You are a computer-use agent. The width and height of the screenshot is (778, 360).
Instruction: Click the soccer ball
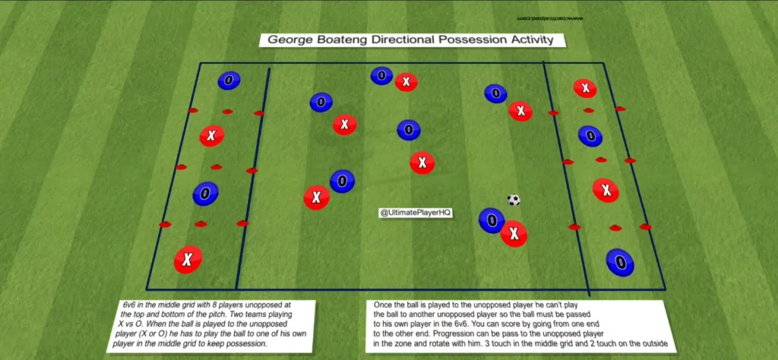(x=514, y=200)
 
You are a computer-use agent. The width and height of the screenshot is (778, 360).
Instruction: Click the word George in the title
(x=284, y=39)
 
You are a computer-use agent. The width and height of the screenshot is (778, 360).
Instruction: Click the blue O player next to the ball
(x=492, y=220)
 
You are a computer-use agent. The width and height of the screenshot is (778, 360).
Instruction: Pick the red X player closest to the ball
(x=514, y=233)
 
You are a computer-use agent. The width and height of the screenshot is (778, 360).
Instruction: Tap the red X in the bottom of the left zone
(x=187, y=260)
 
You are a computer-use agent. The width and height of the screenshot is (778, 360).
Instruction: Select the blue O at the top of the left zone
(x=228, y=81)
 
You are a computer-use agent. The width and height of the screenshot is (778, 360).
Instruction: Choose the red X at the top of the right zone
(x=584, y=88)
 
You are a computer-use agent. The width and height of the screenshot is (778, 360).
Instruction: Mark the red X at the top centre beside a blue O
(x=406, y=81)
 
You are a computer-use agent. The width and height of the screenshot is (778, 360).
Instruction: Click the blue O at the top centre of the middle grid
(x=381, y=75)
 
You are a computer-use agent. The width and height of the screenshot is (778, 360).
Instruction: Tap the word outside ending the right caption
(x=650, y=343)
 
